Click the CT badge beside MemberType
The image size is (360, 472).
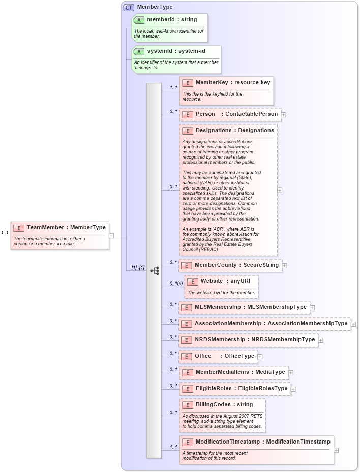[129, 7]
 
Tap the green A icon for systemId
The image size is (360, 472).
[139, 52]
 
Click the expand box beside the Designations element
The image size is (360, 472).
[280, 190]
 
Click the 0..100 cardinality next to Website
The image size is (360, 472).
[175, 284]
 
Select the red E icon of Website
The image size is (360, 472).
[193, 281]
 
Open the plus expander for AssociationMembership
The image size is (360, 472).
[353, 324]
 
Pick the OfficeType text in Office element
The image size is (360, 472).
[239, 356]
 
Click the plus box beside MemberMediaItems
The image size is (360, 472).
[290, 372]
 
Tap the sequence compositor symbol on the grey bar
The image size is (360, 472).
[154, 271]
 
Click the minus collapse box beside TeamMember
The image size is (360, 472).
[111, 236]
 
